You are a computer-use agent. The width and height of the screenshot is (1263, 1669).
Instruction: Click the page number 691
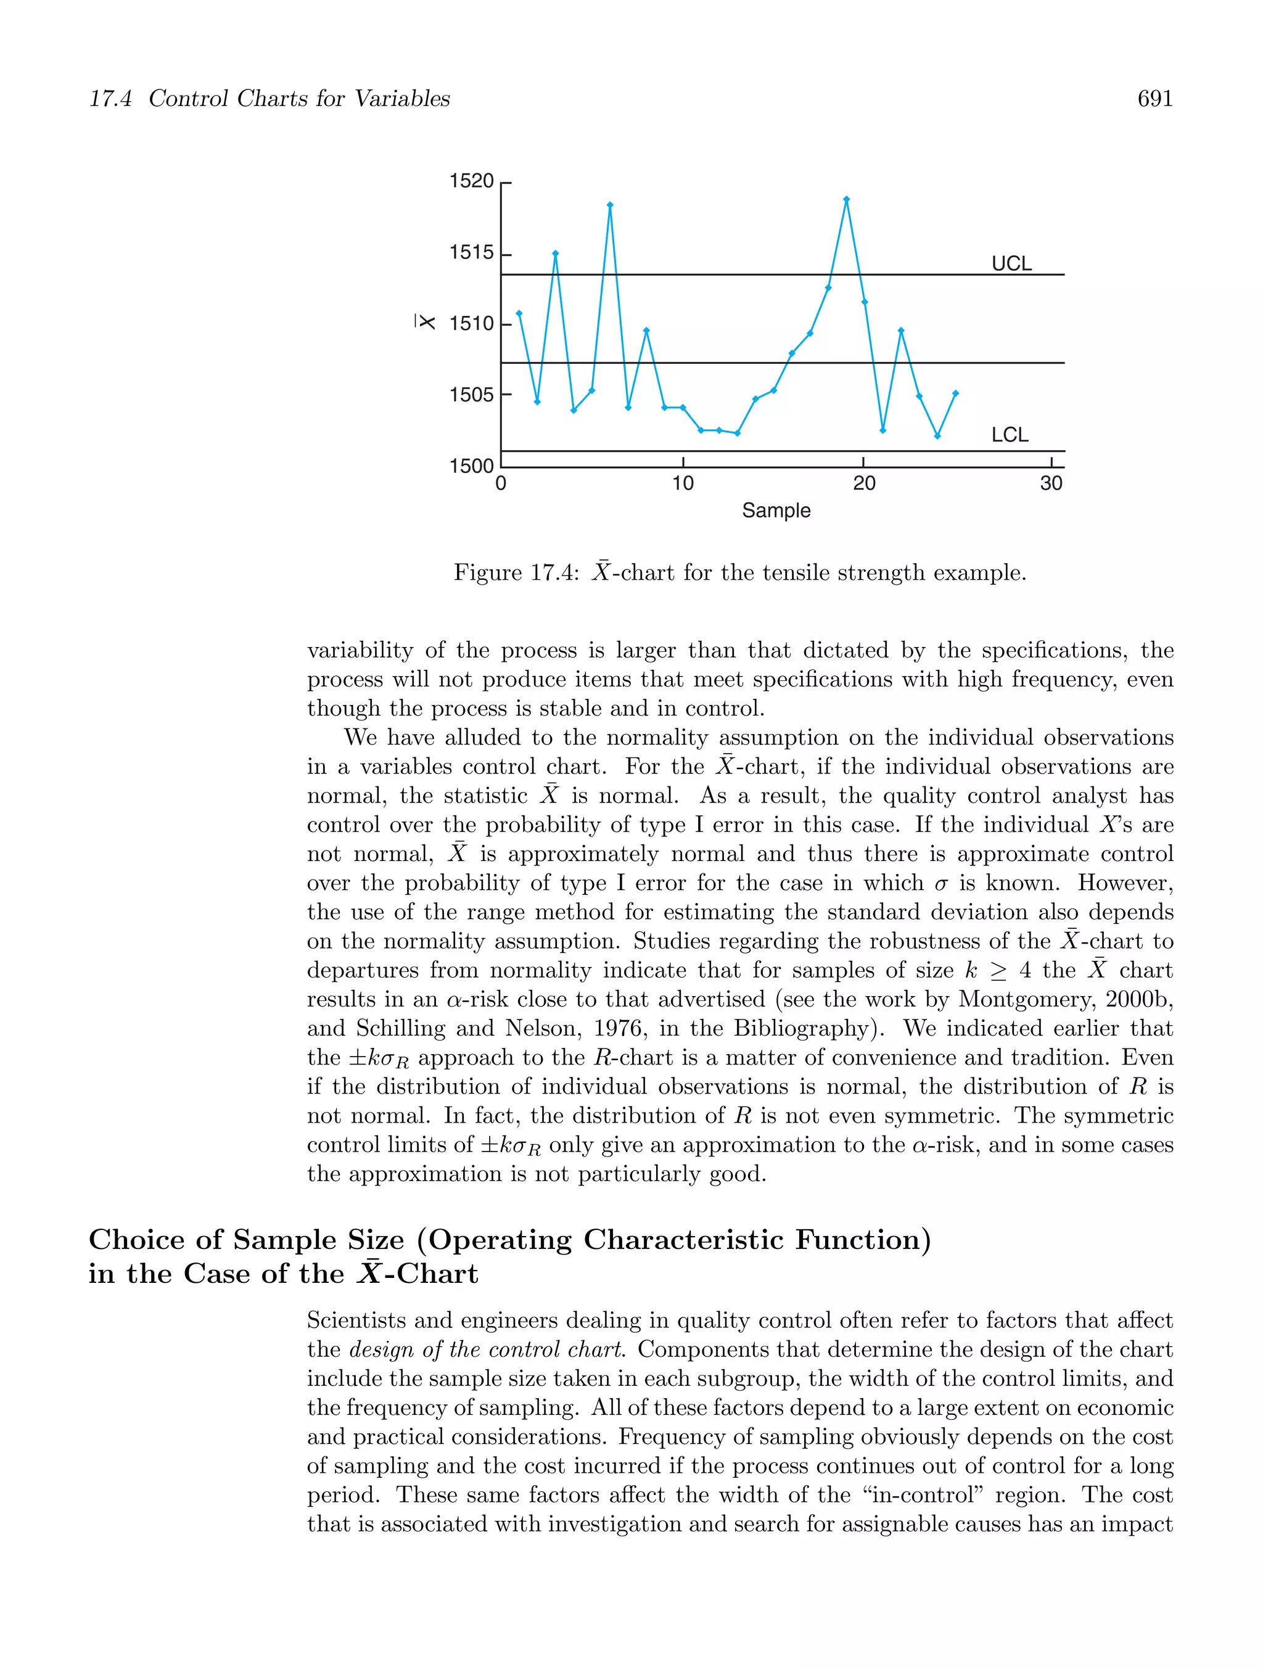point(1154,99)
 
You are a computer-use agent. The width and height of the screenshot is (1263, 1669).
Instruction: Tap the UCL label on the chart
point(1011,263)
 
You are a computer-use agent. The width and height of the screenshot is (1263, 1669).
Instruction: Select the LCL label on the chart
point(1010,435)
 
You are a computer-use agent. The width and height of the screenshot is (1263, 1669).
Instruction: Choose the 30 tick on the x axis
point(1050,483)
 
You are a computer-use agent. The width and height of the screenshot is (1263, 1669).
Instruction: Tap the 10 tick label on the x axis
point(682,483)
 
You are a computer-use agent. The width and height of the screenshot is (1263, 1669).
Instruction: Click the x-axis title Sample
point(776,511)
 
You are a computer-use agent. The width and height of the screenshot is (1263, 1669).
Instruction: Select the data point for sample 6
point(610,205)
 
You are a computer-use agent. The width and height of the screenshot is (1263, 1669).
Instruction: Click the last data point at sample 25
point(955,393)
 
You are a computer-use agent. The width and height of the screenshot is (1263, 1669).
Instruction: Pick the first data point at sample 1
point(519,313)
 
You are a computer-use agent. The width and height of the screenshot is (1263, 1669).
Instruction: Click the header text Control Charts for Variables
point(298,99)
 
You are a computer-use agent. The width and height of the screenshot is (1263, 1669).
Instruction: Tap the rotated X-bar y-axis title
point(426,321)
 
